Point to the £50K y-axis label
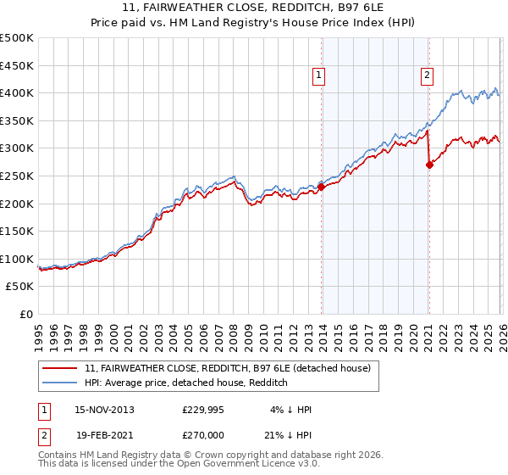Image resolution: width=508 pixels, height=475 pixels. pyautogui.click(x=20, y=287)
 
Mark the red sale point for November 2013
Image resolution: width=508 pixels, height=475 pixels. pyautogui.click(x=322, y=188)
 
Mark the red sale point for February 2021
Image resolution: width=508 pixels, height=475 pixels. pyautogui.click(x=429, y=165)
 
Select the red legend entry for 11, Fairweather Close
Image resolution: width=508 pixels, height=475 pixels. pyautogui.click(x=227, y=369)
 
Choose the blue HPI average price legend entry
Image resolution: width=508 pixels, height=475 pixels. pyautogui.click(x=186, y=383)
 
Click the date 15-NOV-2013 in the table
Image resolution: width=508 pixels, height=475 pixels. pyautogui.click(x=104, y=409)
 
